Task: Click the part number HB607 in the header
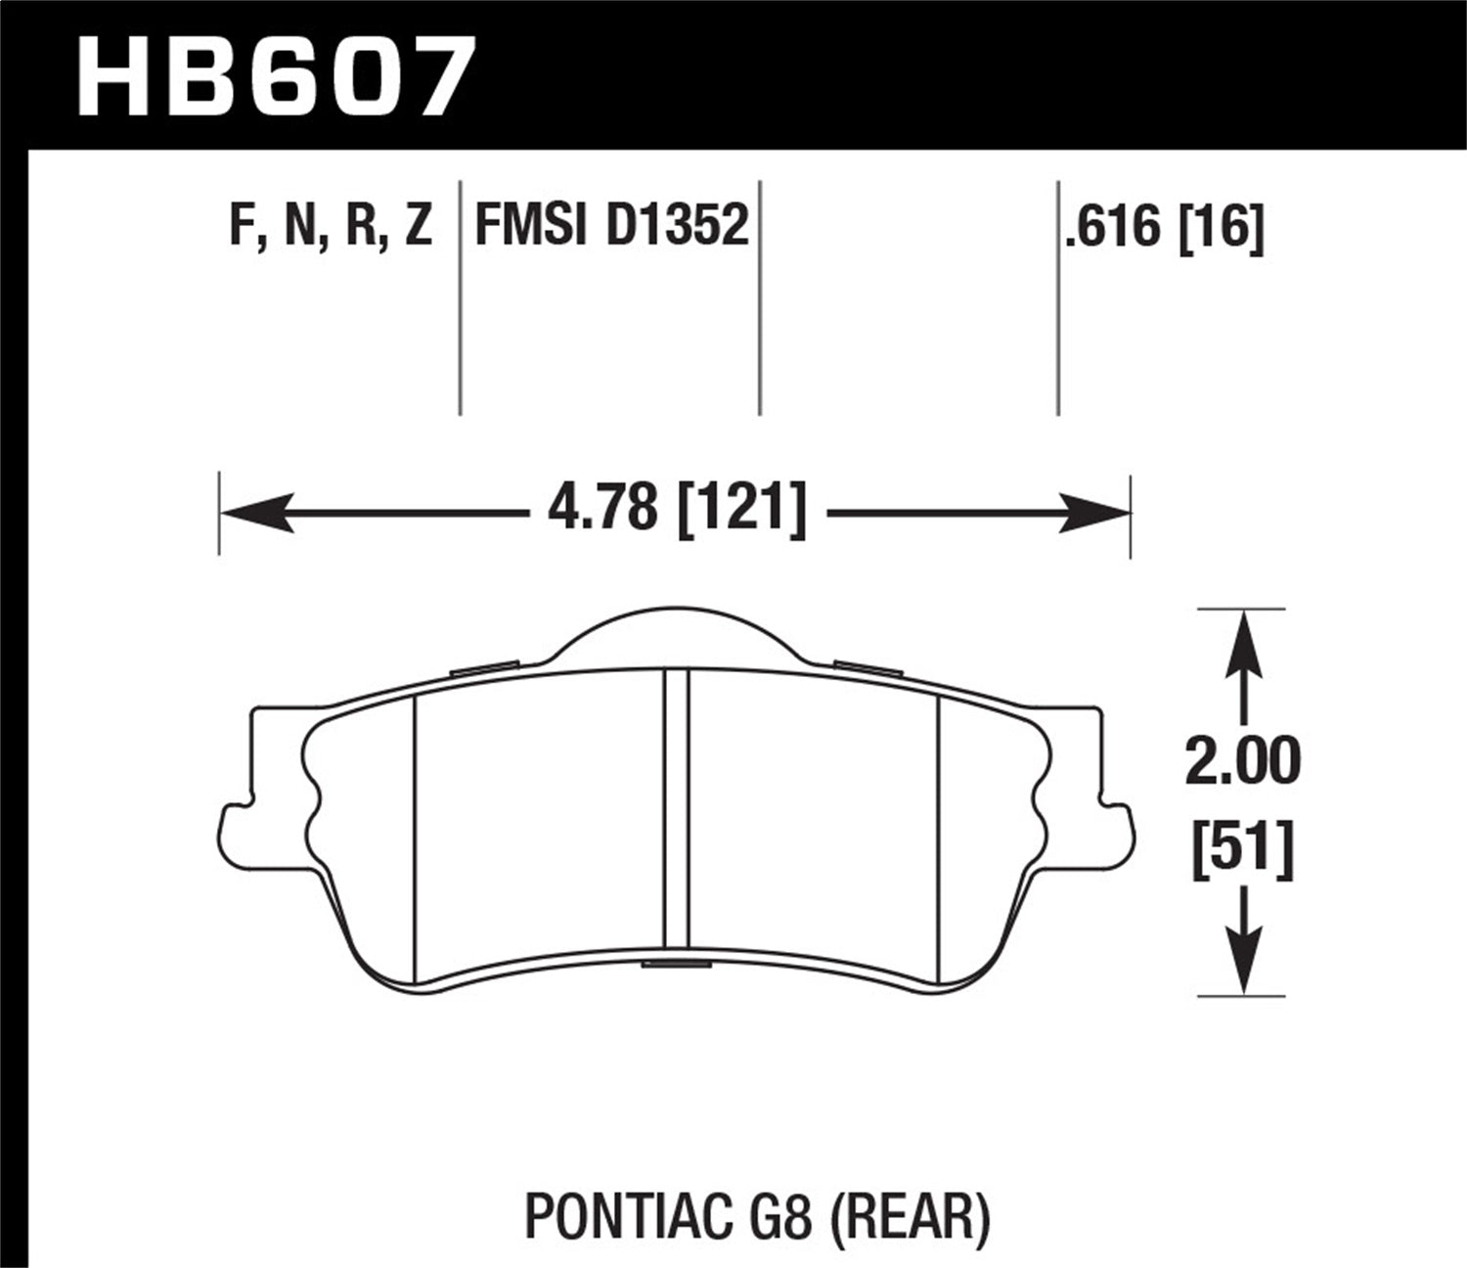click(x=275, y=77)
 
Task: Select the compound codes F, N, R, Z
click(x=330, y=226)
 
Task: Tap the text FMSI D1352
click(x=611, y=226)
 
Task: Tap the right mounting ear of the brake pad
click(x=1117, y=832)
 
